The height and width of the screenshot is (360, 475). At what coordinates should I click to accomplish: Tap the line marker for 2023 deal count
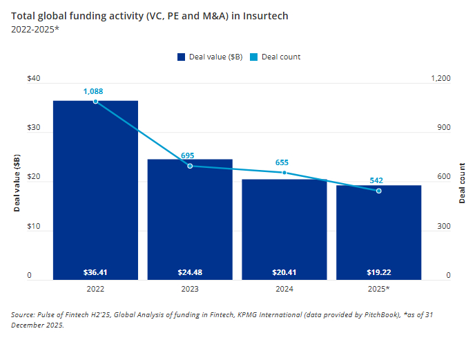[190, 166]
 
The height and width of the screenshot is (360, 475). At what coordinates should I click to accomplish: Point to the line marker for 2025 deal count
[378, 191]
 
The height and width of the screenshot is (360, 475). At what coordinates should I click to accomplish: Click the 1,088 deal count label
[95, 91]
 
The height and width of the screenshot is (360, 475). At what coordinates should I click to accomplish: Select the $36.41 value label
[95, 272]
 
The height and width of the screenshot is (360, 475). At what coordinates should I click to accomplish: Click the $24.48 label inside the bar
[190, 272]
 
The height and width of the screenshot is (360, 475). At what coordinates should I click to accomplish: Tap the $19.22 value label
[378, 272]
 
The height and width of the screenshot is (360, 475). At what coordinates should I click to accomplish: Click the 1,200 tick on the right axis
[440, 79]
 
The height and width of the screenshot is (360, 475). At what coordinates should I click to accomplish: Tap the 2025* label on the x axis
[378, 288]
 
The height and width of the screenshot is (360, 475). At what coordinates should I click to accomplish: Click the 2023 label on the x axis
[190, 288]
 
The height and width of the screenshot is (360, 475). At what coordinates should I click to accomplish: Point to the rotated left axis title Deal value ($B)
[17, 184]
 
